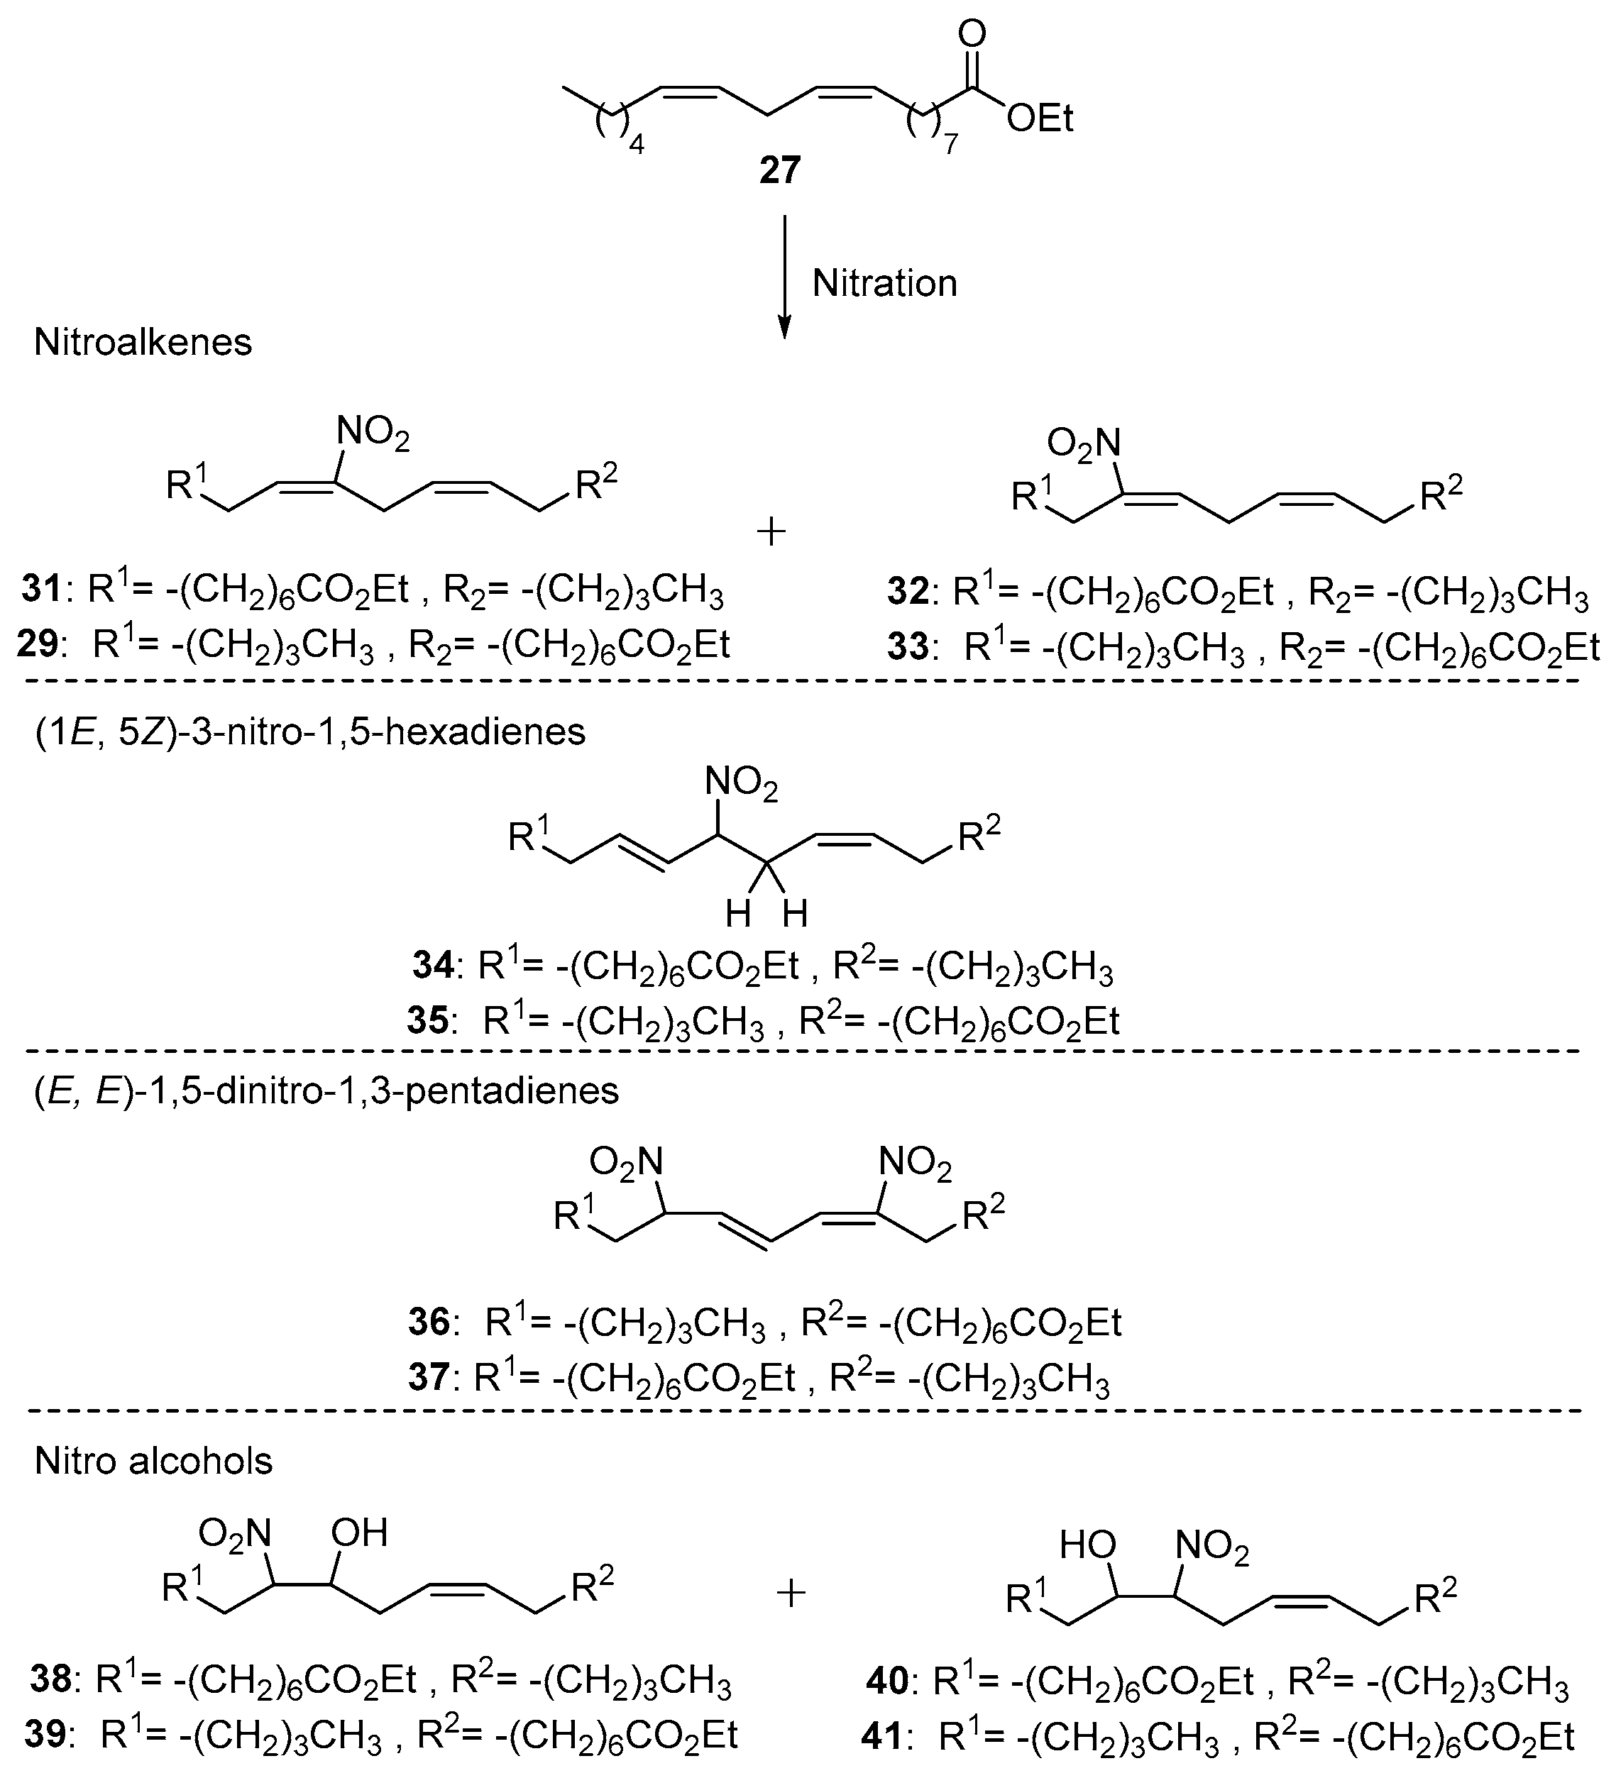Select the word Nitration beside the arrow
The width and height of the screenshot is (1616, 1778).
click(884, 284)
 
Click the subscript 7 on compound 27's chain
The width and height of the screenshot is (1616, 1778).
click(950, 145)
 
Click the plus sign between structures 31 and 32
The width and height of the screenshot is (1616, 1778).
click(772, 532)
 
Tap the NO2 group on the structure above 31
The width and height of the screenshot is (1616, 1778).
click(373, 435)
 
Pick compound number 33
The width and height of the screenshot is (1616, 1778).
click(908, 648)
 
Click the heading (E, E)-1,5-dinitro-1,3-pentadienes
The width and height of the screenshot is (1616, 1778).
click(326, 1091)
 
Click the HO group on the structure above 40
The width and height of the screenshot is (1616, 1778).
click(1088, 1545)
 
